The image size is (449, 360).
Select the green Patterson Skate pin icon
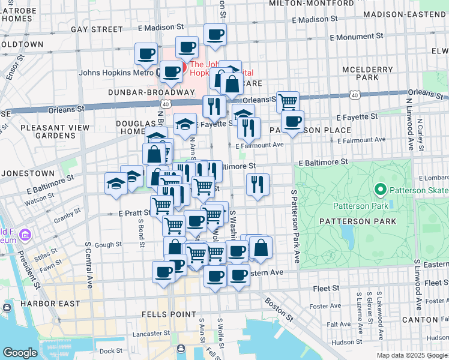380,191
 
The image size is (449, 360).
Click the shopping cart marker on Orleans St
288,101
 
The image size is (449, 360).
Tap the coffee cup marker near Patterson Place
292,122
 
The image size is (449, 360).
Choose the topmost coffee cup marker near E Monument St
215,34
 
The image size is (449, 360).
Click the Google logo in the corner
20,353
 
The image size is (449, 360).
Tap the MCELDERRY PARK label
367,73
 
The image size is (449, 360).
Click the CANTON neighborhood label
423,320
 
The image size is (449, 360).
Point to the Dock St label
111,351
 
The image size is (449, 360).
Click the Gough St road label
108,244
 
